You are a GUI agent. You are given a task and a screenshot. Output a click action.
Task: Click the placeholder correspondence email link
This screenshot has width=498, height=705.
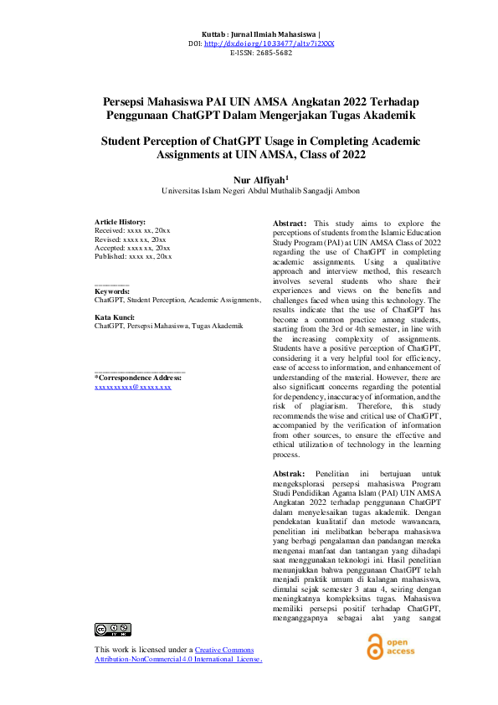pos(133,389)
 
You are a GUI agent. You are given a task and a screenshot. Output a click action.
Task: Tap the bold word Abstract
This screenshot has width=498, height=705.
pos(290,224)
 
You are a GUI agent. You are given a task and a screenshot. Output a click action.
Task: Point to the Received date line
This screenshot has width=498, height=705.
pos(132,229)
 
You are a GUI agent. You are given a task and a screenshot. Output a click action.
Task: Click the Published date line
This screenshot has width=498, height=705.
pos(133,256)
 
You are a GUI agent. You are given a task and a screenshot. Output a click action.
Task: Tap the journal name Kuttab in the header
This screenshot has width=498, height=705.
pos(216,33)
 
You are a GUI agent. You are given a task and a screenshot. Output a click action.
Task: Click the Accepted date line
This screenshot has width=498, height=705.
pos(132,247)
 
